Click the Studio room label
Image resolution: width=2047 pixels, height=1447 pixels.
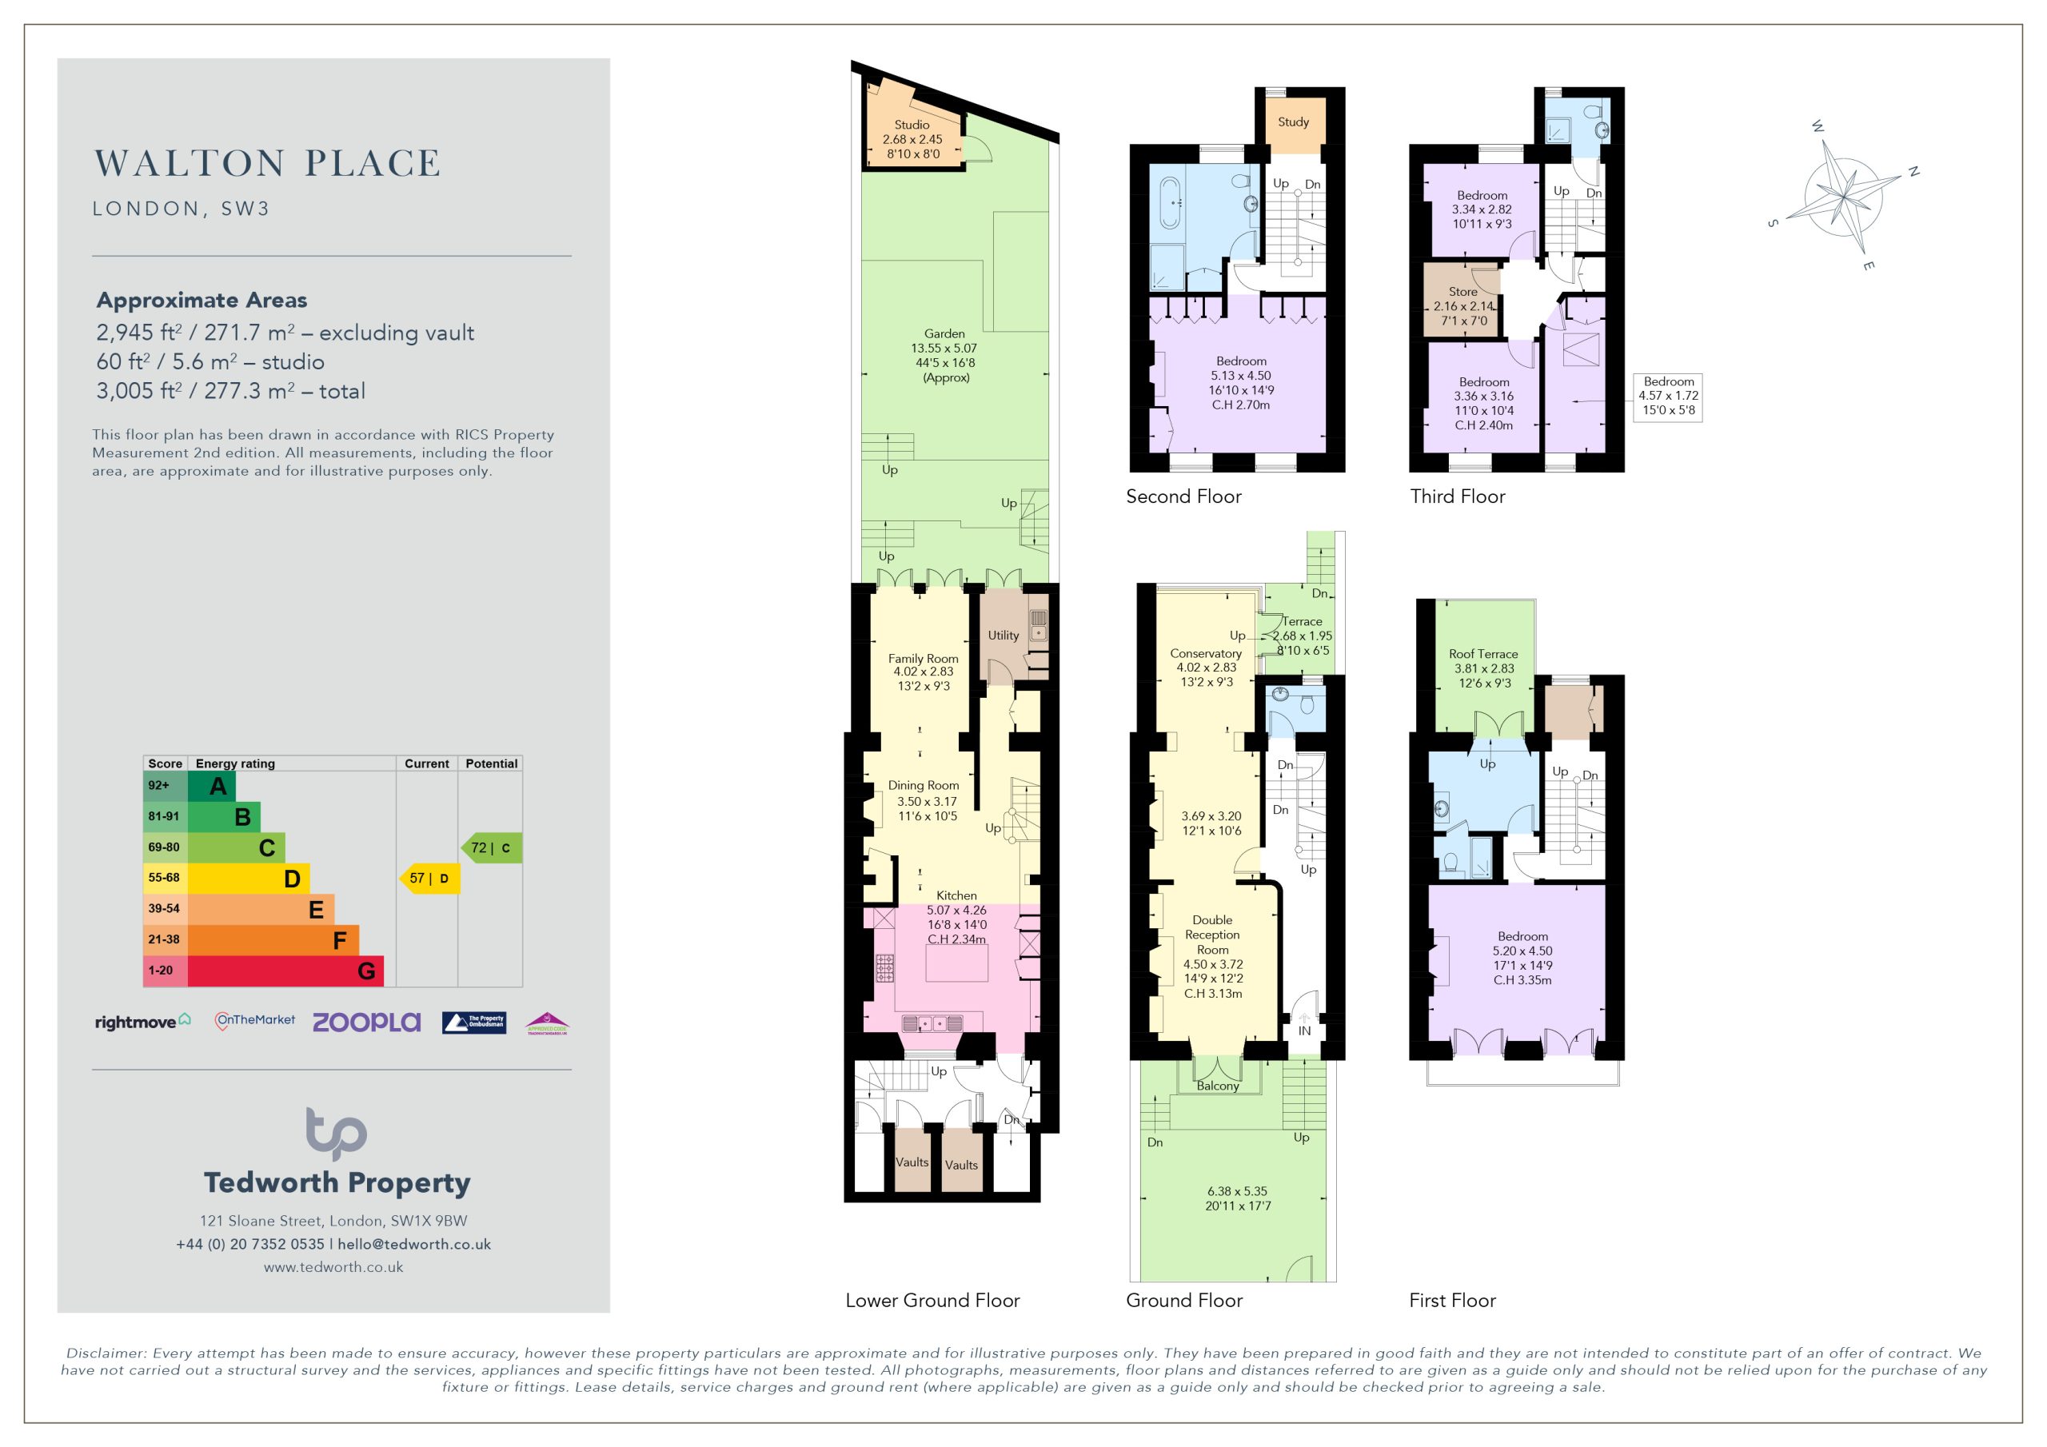(912, 125)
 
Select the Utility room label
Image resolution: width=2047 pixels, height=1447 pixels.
(1003, 636)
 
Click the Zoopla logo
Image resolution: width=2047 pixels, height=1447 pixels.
(366, 1022)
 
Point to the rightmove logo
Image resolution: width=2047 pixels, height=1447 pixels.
(142, 1022)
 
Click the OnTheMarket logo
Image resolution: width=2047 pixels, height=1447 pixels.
(255, 1021)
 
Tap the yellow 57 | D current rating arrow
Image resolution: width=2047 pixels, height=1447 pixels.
(429, 878)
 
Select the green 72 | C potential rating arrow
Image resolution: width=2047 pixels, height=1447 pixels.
(491, 848)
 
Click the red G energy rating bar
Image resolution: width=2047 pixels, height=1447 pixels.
(285, 971)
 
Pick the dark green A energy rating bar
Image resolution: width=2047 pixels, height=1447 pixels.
(211, 786)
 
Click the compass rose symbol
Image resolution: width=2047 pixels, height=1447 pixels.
(1844, 195)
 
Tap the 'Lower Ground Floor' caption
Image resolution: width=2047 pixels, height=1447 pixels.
(932, 1301)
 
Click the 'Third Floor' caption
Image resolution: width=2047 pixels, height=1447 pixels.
(1458, 496)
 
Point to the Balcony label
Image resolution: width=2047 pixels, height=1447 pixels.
(1218, 1086)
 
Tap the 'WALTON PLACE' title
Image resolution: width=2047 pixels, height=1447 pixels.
(267, 163)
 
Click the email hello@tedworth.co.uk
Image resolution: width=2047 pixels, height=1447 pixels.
(413, 1245)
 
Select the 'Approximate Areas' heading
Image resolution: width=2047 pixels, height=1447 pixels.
(202, 301)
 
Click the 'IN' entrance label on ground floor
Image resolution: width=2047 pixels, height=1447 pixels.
(1304, 1030)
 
